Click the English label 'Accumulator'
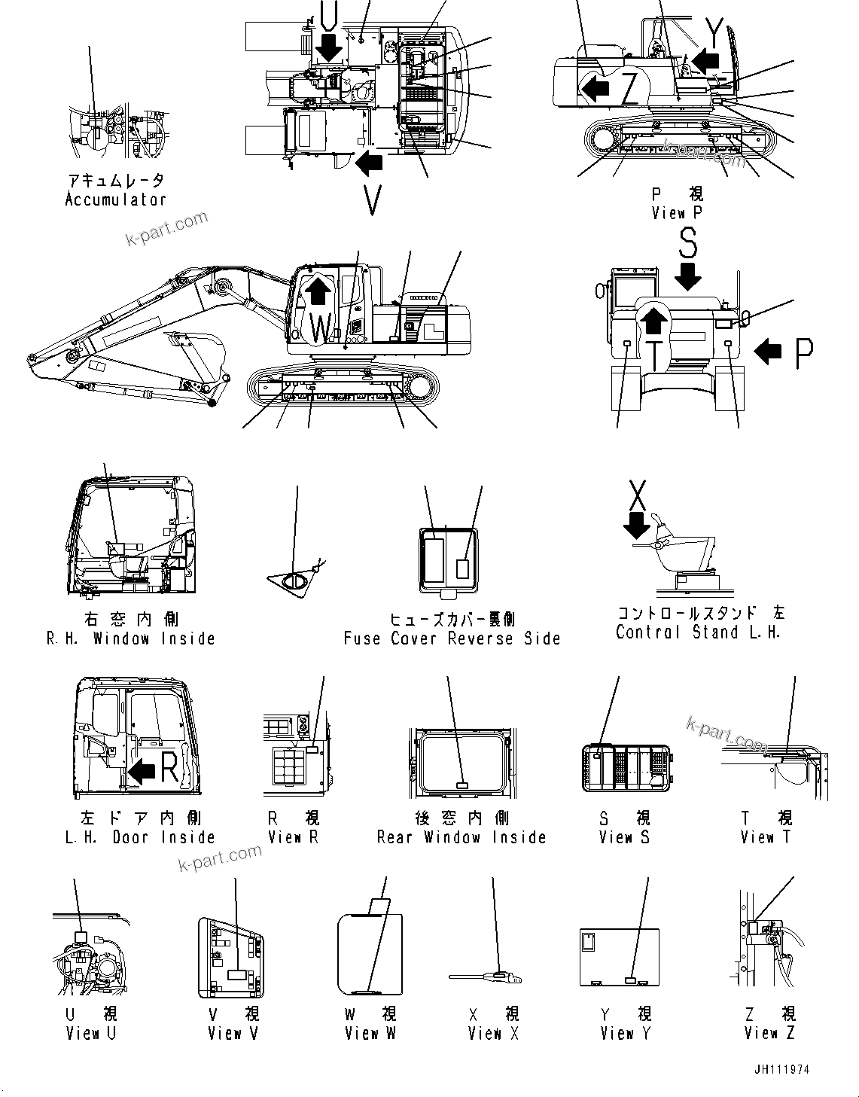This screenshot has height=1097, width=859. pos(115,200)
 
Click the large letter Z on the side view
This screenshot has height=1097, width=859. pos(630,90)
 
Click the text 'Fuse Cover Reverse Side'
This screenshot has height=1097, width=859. pos(452,638)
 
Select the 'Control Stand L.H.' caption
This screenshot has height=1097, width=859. pos(698,632)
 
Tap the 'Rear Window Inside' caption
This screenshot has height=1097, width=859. pos(461,837)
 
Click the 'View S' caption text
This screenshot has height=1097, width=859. pos(624,837)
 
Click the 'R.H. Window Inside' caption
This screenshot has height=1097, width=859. pos(131,638)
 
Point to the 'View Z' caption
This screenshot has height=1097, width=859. pos(769,1034)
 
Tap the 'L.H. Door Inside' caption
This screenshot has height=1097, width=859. pos(140,837)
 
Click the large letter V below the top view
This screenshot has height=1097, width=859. pos(372,200)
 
